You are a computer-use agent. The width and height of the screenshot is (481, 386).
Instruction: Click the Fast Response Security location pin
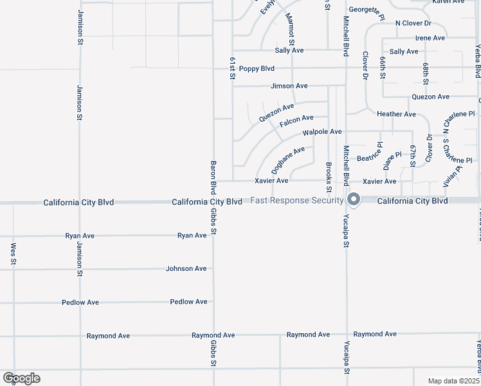coord(353,199)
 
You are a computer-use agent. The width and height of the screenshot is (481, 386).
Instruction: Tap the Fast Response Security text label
coord(296,200)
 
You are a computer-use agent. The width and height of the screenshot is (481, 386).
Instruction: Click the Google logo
coord(21,378)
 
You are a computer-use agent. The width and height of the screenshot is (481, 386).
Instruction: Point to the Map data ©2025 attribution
coord(453,381)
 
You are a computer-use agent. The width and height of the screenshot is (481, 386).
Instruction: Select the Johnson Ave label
coord(186,268)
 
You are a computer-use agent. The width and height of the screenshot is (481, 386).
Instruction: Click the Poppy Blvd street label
coord(257,69)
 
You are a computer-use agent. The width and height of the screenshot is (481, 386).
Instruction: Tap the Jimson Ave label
coord(289,86)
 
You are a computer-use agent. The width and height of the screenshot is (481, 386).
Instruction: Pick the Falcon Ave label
coord(296,118)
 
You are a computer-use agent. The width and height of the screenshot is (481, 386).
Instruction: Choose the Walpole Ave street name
coord(322,132)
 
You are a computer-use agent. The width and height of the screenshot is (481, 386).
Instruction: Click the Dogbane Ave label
coord(288,160)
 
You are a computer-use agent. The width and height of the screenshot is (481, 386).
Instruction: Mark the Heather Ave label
coord(396,114)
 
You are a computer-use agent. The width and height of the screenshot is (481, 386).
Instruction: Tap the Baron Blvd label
coord(213,177)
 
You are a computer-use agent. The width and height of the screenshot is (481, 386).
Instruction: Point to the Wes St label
coord(13,253)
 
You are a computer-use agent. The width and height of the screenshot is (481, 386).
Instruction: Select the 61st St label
coord(232,67)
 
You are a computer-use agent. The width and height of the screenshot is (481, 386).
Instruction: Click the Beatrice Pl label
coord(370,154)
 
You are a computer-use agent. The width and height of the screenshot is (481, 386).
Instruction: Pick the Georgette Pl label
coord(367,10)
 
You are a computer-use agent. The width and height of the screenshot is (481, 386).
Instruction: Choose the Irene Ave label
coord(430,38)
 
